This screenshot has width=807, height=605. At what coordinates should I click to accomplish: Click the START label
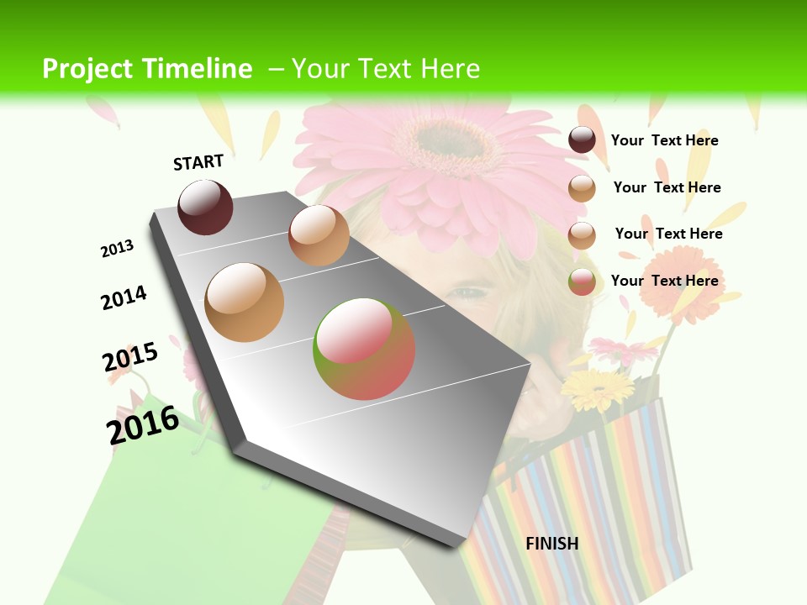click(198, 162)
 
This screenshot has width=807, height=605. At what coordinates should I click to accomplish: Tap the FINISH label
click(552, 544)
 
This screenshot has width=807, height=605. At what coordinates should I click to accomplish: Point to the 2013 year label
click(117, 249)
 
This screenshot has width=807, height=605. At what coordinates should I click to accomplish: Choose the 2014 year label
click(124, 297)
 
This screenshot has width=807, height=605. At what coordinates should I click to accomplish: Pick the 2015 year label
click(130, 356)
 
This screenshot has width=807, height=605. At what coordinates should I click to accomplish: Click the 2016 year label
click(143, 424)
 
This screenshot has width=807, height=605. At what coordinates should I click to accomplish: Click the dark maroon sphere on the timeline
click(205, 208)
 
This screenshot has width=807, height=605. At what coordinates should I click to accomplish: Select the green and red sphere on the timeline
click(364, 349)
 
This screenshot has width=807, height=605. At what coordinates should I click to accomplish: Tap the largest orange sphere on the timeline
click(245, 302)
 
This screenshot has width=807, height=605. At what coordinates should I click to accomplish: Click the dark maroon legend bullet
click(582, 140)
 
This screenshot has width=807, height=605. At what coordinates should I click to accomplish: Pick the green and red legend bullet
click(582, 281)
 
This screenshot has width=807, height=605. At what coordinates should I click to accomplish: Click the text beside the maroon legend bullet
click(664, 140)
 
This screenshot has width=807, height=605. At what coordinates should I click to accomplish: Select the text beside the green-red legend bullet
click(664, 281)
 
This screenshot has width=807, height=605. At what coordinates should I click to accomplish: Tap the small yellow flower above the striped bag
click(597, 388)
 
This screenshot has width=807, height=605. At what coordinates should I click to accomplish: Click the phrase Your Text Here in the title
click(385, 69)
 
